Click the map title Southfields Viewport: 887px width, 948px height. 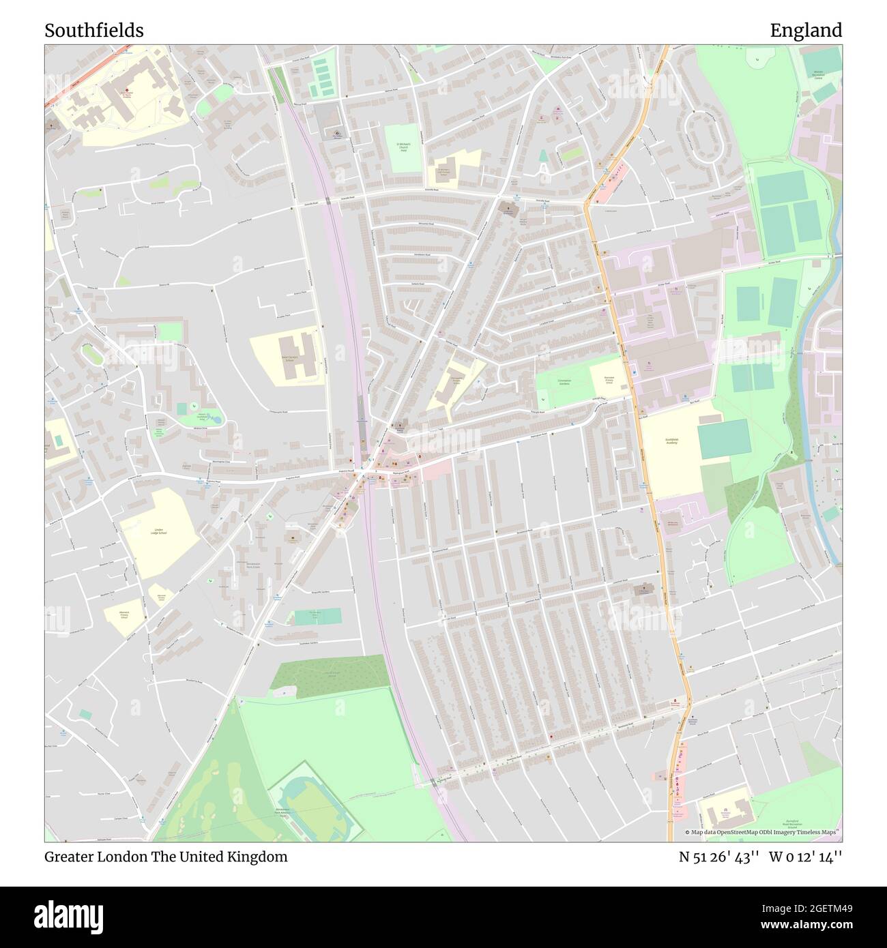point(94,31)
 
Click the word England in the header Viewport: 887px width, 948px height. point(806,31)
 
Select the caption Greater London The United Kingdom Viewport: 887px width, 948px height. point(166,857)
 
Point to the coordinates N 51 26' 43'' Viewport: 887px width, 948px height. point(718,857)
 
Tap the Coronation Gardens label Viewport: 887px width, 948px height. point(564,382)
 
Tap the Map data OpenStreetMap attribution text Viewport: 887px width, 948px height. point(763,832)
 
